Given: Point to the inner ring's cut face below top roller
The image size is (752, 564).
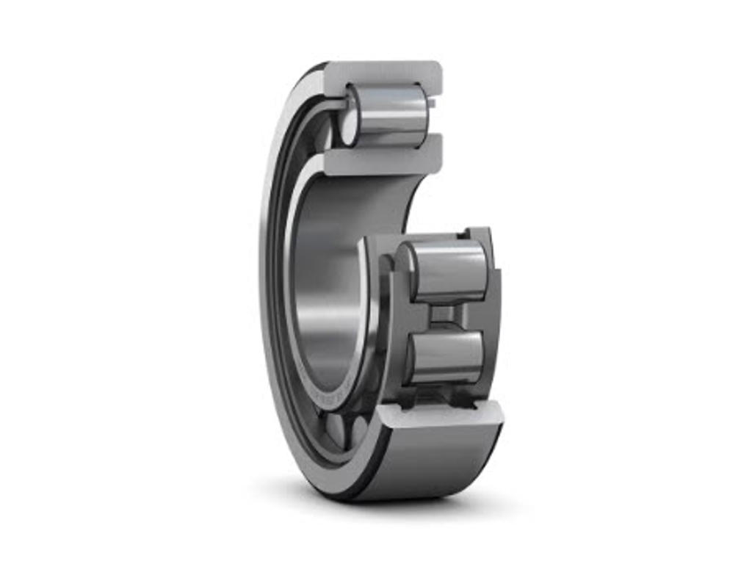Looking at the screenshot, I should pos(382,159).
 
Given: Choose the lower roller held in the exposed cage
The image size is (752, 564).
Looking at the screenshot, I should pos(445,357).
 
